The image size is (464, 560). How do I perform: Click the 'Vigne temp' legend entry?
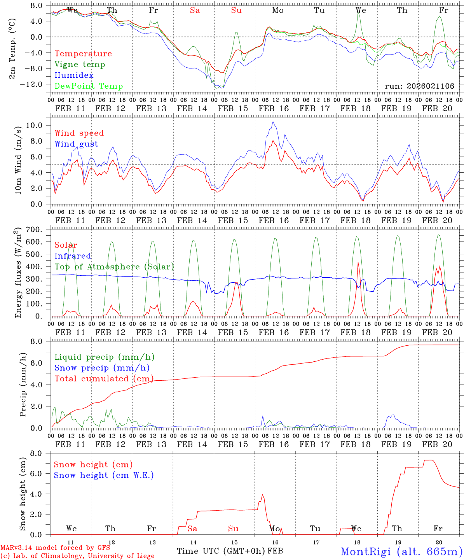[80, 65]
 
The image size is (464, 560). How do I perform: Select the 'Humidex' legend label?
[74, 75]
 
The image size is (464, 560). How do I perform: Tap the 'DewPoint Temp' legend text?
[89, 86]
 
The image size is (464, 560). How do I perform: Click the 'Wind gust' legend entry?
[76, 144]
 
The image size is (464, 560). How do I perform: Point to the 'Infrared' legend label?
[73, 256]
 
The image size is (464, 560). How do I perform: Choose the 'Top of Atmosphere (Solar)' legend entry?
[114, 267]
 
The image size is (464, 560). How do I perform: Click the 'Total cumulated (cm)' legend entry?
[104, 379]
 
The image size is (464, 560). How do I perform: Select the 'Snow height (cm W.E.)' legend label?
[104, 475]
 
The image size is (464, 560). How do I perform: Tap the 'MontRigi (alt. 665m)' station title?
[401, 551]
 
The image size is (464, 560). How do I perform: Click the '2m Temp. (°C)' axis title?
[12, 49]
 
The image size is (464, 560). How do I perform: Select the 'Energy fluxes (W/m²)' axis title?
[18, 274]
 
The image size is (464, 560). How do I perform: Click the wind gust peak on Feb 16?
[273, 121]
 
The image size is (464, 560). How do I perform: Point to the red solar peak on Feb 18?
[358, 261]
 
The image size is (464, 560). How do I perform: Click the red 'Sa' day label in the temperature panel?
[195, 10]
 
